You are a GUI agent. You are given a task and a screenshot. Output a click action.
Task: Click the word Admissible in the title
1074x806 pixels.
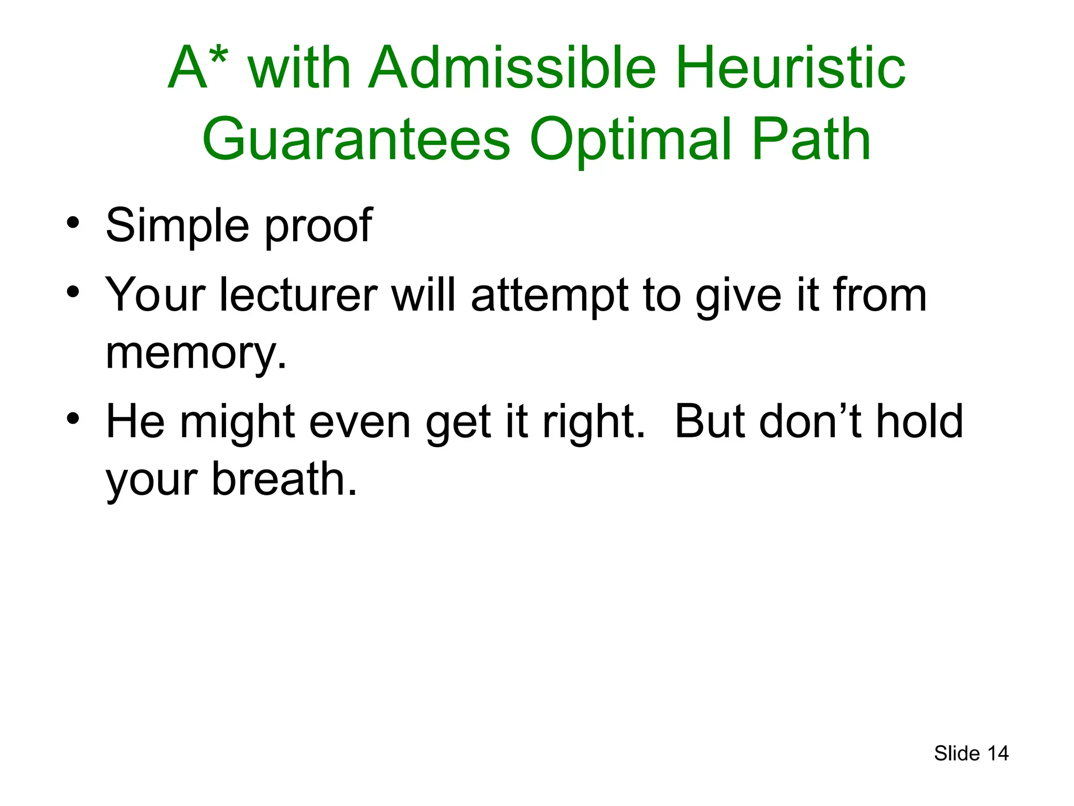(512, 68)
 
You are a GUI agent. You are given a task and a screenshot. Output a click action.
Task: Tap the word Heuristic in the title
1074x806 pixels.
(791, 68)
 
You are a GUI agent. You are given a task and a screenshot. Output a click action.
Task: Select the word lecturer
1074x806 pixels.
(298, 295)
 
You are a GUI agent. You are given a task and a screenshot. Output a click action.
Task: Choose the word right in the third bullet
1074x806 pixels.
(593, 423)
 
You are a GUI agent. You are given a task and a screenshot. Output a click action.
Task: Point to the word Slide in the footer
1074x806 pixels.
(957, 754)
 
